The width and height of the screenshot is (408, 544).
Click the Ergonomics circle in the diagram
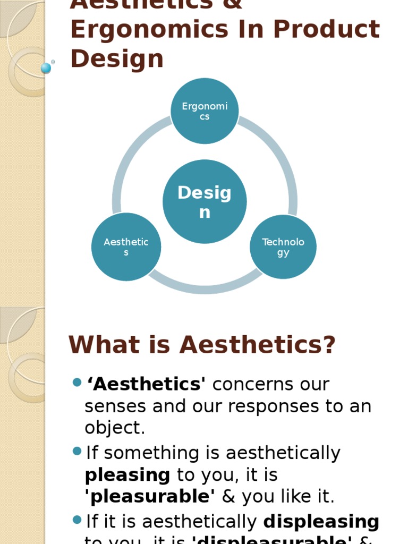click(x=205, y=111)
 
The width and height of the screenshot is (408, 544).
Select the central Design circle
click(x=205, y=201)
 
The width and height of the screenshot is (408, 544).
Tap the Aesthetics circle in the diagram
click(x=126, y=247)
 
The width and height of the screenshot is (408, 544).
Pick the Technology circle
click(x=283, y=247)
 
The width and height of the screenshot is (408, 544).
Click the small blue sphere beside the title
click(x=46, y=68)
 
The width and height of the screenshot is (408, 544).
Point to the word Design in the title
click(x=117, y=58)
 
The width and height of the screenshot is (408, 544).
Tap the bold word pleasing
click(x=127, y=474)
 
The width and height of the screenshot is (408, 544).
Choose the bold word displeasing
click(x=321, y=522)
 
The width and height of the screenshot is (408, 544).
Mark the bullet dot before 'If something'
click(x=77, y=452)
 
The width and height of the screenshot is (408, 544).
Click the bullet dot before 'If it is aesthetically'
click(x=77, y=520)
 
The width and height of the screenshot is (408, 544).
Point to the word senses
click(x=116, y=406)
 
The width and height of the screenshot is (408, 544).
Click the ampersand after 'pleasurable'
click(x=228, y=496)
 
